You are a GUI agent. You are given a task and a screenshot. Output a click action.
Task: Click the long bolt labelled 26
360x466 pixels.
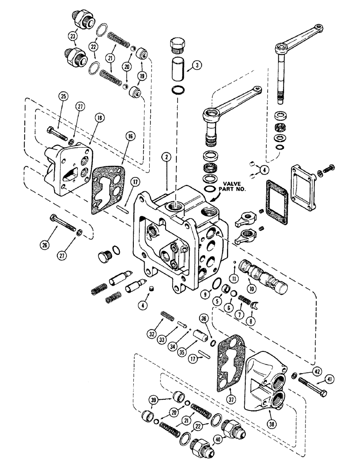(61, 221)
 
